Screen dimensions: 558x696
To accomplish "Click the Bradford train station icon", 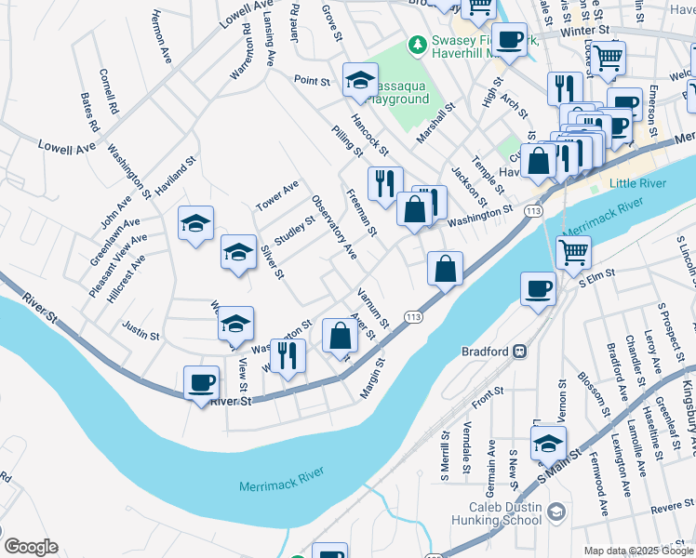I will pyautogui.click(x=521, y=352).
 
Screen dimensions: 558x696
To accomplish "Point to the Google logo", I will pyautogui.click(x=31, y=547).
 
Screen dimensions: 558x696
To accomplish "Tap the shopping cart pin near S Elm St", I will pyautogui.click(x=573, y=251).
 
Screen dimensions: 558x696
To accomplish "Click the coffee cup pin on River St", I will pyautogui.click(x=202, y=382).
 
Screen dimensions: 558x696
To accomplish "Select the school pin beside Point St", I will pyautogui.click(x=359, y=82).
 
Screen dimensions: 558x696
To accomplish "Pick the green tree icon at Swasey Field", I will pyautogui.click(x=418, y=44).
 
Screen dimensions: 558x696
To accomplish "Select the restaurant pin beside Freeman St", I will pyautogui.click(x=384, y=183).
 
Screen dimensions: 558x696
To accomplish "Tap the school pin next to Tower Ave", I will pyautogui.click(x=196, y=224).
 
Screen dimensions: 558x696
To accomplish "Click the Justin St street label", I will pyautogui.click(x=141, y=328).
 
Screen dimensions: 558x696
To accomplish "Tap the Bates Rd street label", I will pyautogui.click(x=89, y=111).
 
